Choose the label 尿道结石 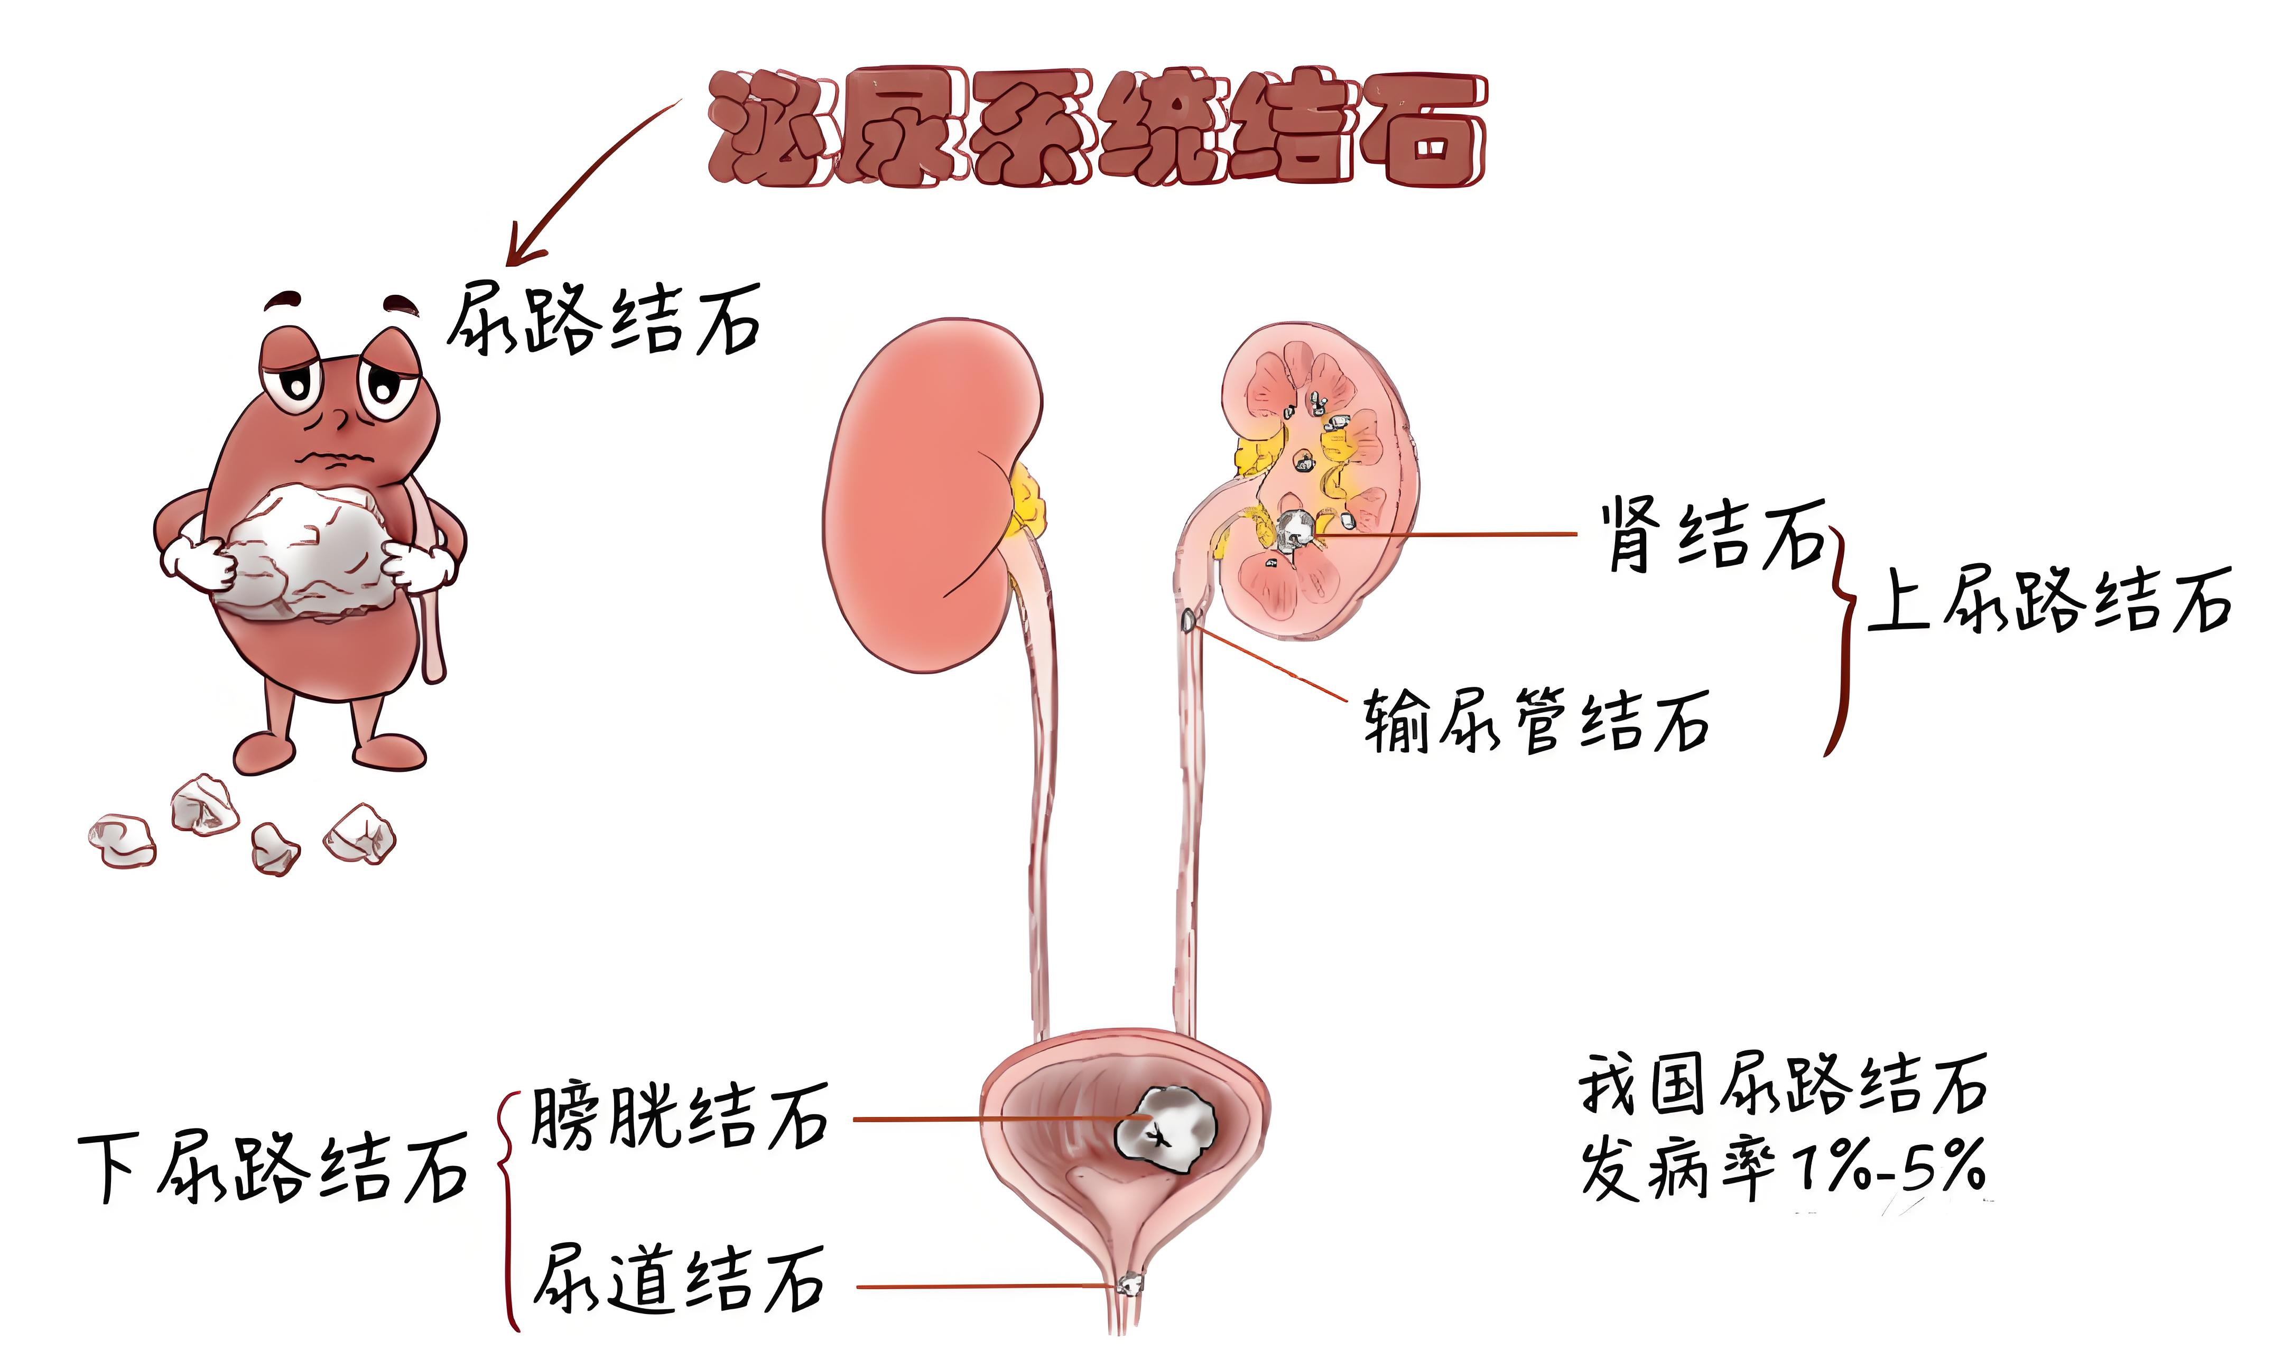tap(679, 1280)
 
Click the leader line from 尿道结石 tap(987, 1287)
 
